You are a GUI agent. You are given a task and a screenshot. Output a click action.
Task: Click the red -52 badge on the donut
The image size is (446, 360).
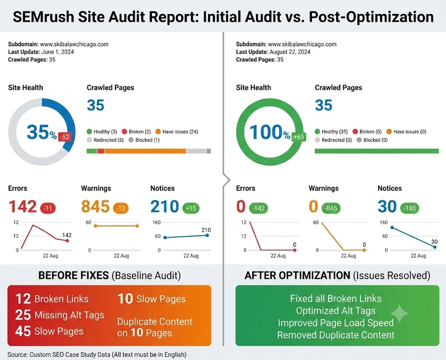pos(65,137)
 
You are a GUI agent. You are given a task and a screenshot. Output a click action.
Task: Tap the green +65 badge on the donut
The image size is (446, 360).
pos(299,137)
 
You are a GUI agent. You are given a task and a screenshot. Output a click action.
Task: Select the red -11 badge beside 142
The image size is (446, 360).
pos(48,208)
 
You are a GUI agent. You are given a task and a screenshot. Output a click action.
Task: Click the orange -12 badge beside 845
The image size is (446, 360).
pos(121,208)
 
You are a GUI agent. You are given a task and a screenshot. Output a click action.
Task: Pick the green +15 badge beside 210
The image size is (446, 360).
pos(191,208)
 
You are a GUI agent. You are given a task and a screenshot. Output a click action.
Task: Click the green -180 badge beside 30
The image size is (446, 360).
pos(409,208)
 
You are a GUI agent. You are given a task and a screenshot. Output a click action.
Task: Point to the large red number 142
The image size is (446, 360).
pos(23,207)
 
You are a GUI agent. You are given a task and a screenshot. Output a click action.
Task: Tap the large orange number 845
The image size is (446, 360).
pos(95,207)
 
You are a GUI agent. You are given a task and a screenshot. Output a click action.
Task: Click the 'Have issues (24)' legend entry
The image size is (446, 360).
pos(177,132)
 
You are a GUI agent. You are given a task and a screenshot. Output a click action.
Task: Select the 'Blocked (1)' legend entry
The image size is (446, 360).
pos(144,140)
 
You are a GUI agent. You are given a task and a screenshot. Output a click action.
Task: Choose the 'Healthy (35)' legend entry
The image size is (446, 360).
pos(331,132)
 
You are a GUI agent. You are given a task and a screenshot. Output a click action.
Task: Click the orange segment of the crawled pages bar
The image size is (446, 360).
pos(145,151)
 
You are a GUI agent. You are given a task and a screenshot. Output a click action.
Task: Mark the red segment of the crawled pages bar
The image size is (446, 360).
pos(101,151)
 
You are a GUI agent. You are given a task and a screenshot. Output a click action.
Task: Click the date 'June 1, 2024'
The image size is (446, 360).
pos(58,52)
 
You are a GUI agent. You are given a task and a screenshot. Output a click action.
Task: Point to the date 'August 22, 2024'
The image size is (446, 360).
pos(290,52)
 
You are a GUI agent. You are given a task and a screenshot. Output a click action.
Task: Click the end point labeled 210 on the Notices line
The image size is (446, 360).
pos(207,235)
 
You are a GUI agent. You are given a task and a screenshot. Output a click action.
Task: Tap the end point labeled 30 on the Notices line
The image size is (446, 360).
pos(435,247)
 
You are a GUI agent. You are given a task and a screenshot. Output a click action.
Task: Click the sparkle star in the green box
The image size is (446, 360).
pos(399,313)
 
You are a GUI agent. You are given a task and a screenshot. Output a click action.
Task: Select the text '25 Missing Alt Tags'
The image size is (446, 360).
pos(60,315)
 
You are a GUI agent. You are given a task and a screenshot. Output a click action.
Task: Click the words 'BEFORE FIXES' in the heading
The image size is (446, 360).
pos(73,275)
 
